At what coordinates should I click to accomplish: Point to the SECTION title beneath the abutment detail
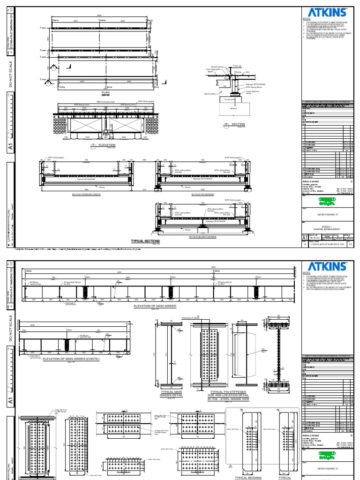(x=238, y=124)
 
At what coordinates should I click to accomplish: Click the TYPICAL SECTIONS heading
(x=145, y=240)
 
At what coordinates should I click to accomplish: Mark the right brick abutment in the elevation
(x=155, y=124)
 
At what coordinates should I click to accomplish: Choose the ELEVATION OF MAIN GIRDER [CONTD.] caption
(x=74, y=359)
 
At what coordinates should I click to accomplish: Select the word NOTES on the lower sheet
(x=307, y=272)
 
